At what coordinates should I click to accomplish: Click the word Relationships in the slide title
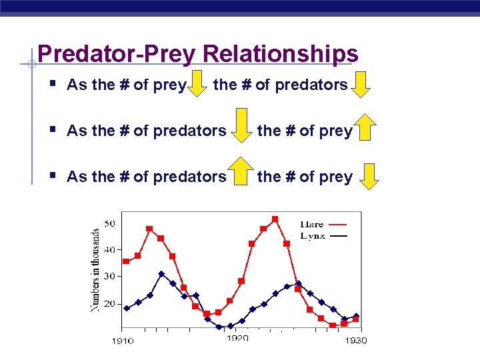point(281,54)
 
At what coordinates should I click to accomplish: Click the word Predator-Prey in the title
point(118,54)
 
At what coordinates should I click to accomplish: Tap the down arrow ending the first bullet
point(361,84)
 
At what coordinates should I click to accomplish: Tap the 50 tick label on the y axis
point(109,223)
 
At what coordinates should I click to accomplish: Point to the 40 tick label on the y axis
point(109,249)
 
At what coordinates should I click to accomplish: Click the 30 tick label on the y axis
point(109,275)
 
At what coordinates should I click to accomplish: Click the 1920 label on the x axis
point(237,338)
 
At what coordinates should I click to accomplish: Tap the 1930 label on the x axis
point(355,341)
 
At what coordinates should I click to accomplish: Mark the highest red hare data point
point(275,219)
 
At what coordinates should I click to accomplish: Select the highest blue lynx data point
point(161,274)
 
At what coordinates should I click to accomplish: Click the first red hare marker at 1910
point(126,261)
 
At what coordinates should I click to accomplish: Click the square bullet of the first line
point(52,84)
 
